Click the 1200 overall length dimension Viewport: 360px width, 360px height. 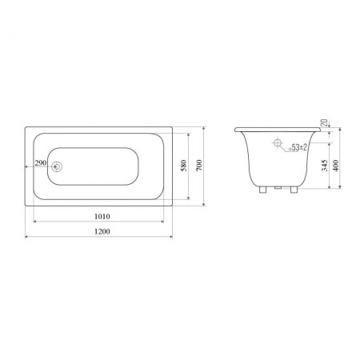pos(102,231)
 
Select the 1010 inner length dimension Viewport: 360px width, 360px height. pos(102,216)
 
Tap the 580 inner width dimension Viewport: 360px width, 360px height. pos(184,166)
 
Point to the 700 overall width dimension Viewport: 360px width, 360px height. pos(199,166)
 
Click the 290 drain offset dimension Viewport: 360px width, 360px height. pos(41,162)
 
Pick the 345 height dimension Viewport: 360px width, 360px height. pos(325,166)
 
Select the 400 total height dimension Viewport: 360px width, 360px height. pos(336,166)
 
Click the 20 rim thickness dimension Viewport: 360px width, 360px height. pos(325,122)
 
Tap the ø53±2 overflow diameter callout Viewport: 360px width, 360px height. pos(298,147)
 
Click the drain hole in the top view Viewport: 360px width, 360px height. pos(57,167)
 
